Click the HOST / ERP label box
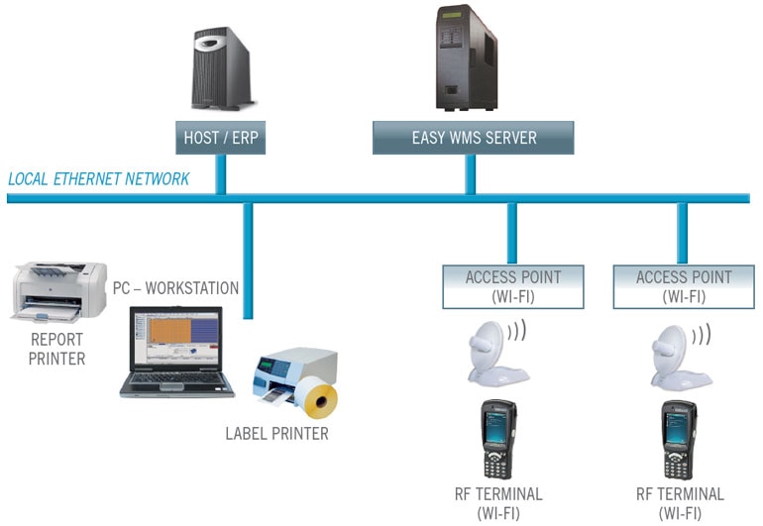220,137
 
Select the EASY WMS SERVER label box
473,138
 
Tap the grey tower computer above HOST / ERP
221,69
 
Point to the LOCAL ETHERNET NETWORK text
99,179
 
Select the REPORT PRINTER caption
56,349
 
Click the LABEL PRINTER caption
276,433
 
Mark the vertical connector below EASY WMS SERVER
471,174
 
